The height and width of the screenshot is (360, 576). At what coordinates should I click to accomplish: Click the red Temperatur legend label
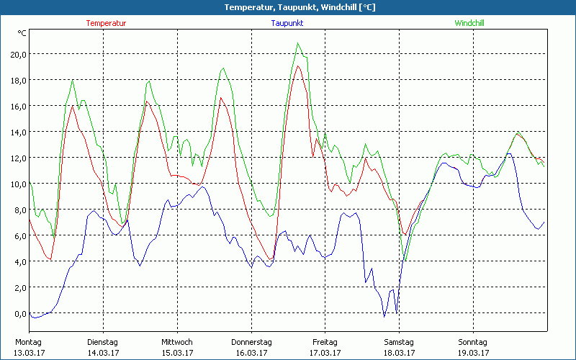[106, 23]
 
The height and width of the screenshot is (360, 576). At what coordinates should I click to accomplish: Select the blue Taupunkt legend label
[287, 23]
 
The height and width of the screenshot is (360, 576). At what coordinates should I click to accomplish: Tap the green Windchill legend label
[469, 23]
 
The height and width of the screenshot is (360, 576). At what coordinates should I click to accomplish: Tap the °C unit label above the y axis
[22, 33]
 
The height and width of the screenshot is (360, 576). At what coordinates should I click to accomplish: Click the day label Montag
[28, 342]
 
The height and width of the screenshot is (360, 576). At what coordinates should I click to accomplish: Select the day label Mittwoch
[176, 342]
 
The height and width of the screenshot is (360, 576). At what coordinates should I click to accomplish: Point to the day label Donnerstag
[251, 342]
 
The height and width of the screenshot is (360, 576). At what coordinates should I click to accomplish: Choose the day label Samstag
[399, 342]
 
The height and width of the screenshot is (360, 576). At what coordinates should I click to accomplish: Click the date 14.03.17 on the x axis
[103, 353]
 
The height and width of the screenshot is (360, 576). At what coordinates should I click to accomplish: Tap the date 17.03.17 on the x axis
[325, 353]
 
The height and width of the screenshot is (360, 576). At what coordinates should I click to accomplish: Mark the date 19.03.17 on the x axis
[473, 353]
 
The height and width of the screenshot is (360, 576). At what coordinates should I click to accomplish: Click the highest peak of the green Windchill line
[297, 43]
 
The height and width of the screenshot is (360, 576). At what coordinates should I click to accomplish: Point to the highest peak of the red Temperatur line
[297, 66]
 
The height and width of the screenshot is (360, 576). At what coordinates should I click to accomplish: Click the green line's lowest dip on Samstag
[406, 260]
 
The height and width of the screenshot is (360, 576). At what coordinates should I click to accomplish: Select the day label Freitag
[325, 342]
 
